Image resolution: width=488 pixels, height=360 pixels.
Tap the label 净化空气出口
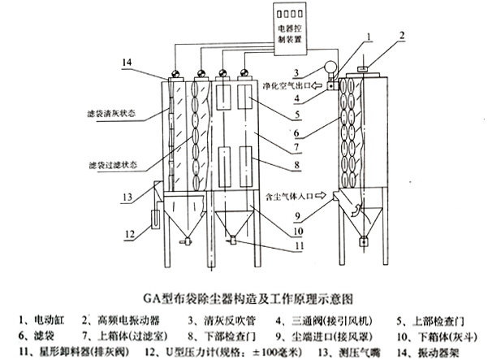click(x=289, y=84)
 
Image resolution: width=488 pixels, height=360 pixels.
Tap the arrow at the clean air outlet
click(x=330, y=84)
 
